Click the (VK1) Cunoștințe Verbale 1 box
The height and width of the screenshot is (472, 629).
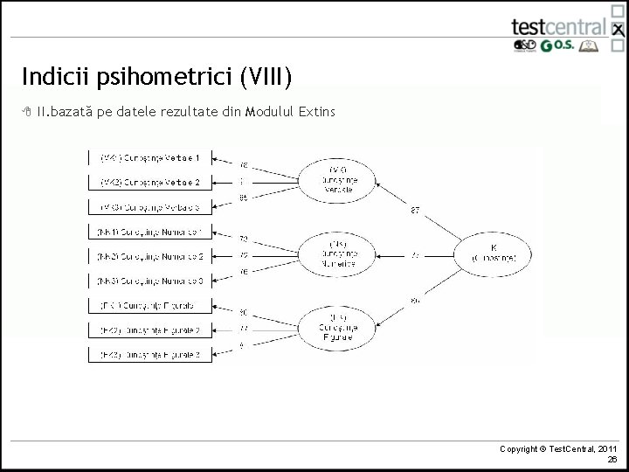coord(150,158)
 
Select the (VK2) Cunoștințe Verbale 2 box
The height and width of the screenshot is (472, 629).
coord(150,183)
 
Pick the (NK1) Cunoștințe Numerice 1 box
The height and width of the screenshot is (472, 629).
coord(150,232)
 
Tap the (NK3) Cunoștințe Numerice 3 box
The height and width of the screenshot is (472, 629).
coord(150,281)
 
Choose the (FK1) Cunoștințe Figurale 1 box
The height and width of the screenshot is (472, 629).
coord(150,306)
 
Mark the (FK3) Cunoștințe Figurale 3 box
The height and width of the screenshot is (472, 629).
coord(150,354)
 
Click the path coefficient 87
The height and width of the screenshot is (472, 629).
coord(414,209)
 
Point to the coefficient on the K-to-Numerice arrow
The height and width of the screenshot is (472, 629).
coord(416,254)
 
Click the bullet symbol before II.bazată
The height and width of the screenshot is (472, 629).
coord(27,112)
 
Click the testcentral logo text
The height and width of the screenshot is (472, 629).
coord(559,25)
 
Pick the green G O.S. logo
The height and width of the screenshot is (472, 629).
coord(556,46)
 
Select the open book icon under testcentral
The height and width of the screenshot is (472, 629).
coord(591,46)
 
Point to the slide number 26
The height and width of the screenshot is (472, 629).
coord(612,458)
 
